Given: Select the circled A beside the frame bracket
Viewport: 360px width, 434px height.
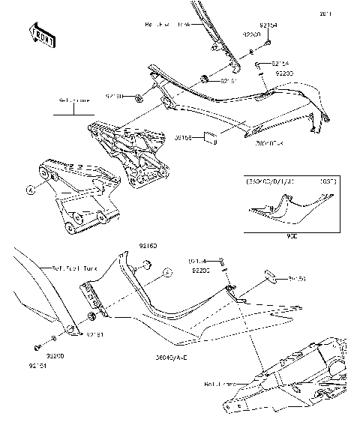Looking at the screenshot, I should coord(31,190).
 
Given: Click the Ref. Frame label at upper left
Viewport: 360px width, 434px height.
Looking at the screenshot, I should coord(73,99).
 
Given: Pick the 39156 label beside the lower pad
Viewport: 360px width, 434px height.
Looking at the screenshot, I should coord(298,277).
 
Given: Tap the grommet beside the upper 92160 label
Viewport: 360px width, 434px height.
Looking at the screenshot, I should coord(139,97).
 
